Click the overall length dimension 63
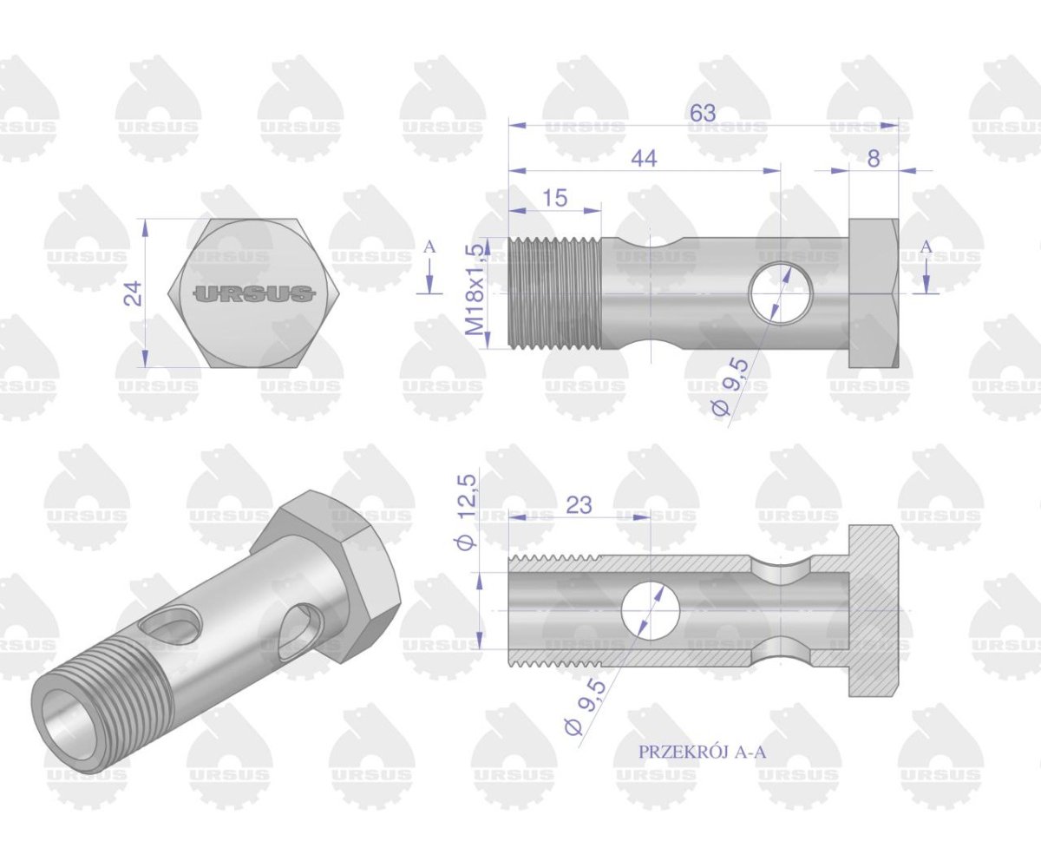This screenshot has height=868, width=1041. pos(703,114)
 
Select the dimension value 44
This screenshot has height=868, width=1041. pos(644,158)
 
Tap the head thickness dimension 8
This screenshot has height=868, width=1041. pos(873,158)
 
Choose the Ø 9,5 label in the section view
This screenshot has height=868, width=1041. pos(585,707)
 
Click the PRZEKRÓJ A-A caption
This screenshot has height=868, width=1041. pos(702,752)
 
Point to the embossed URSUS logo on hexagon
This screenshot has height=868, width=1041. pos(254,293)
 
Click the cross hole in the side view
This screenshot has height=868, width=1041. pos(777,293)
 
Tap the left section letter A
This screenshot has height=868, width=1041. pos(429,247)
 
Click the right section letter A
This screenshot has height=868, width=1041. pos(926,247)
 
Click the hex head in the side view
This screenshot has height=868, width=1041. pos(873,293)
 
